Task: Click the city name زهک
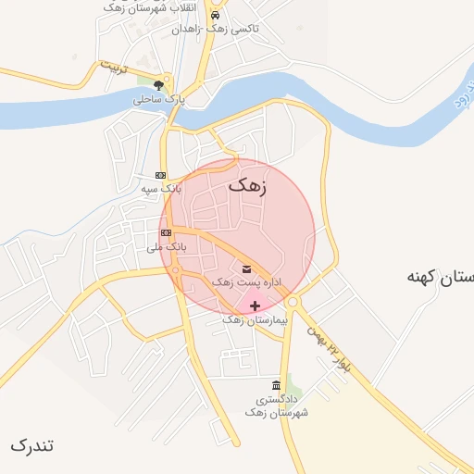(246, 185)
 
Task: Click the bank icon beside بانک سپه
(160, 175)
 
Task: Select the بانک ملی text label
(167, 247)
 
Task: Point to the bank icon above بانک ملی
(166, 232)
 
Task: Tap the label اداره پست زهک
(246, 281)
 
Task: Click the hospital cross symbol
(255, 306)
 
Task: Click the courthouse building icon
(276, 385)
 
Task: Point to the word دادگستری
(276, 399)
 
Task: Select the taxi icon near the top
(215, 16)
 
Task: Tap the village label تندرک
(32, 445)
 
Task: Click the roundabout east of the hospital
(293, 302)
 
